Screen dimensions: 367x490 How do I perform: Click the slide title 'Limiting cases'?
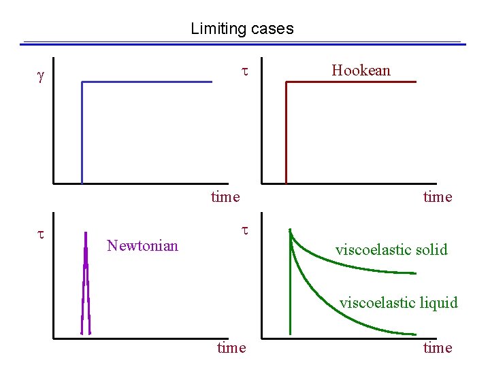click(x=242, y=29)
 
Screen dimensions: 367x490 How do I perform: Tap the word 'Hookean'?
click(x=361, y=70)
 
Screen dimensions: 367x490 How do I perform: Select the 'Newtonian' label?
click(x=143, y=245)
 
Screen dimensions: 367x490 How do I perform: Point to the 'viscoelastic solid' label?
click(x=391, y=249)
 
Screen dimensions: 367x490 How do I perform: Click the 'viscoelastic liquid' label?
click(x=399, y=302)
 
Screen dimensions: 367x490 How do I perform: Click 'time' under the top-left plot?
click(x=225, y=197)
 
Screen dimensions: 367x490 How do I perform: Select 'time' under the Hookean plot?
click(x=437, y=197)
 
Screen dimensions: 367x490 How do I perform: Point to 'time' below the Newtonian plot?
click(x=231, y=348)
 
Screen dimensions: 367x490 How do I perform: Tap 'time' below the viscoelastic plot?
click(x=437, y=348)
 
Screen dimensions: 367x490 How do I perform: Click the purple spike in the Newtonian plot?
click(x=86, y=285)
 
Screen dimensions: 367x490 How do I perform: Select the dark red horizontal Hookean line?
click(x=350, y=82)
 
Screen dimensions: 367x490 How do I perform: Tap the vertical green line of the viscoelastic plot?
click(x=291, y=292)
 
